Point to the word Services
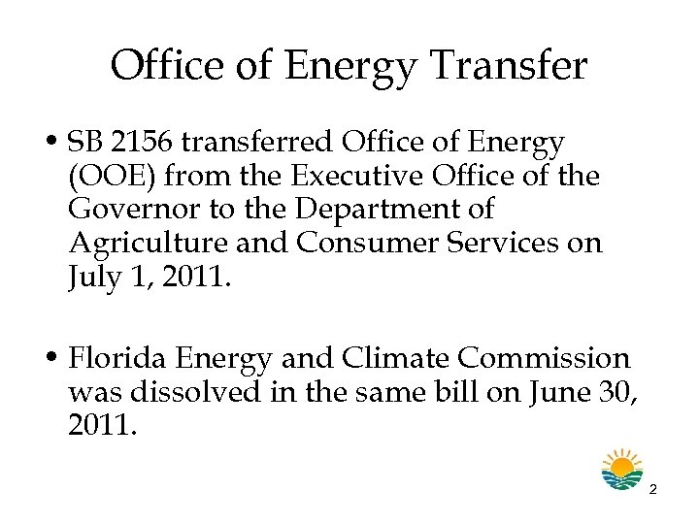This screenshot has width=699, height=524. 491,243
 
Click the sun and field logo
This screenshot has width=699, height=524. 621,470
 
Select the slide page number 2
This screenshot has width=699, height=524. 653,490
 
